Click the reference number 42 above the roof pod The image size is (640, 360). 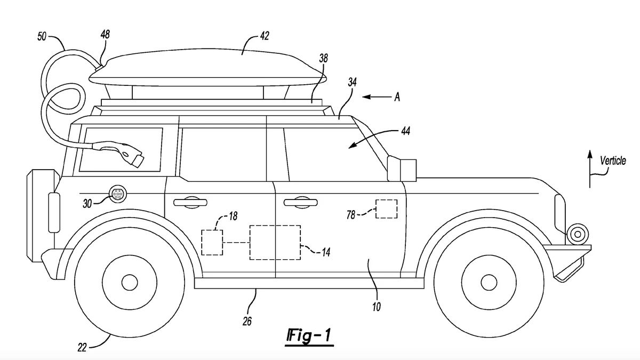(264, 36)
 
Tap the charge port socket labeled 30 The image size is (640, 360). (116, 195)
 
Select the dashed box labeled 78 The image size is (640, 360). (386, 209)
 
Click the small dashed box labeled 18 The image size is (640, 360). (212, 243)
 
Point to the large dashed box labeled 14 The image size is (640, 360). (275, 243)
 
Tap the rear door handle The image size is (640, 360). (189, 201)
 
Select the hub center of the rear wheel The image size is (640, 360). (129, 281)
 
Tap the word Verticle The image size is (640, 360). (613, 161)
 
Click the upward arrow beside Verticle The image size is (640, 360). (590, 168)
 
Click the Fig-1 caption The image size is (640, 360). (309, 337)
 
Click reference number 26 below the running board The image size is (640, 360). (247, 321)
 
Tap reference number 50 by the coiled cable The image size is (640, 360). (42, 36)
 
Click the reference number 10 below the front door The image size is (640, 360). (377, 307)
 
